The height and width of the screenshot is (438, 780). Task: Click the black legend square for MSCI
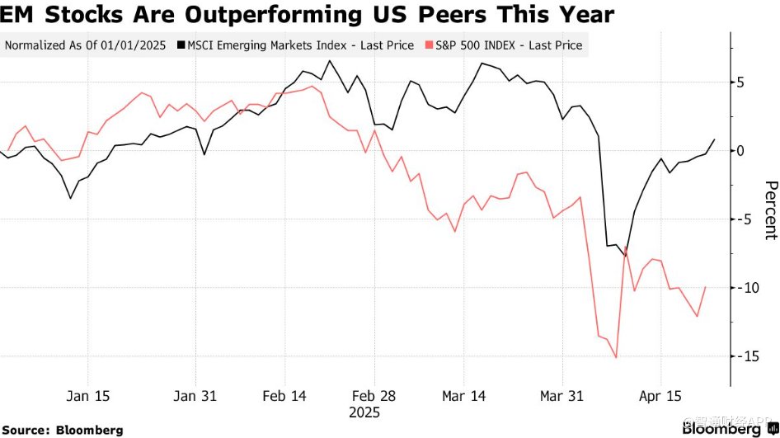(x=180, y=45)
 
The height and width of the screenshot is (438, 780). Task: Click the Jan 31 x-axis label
(x=196, y=397)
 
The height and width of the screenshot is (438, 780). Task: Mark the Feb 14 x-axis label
(x=284, y=397)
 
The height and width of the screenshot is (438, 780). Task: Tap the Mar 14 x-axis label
(x=463, y=397)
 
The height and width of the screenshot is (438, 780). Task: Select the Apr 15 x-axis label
(x=662, y=397)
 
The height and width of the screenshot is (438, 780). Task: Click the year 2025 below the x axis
(x=364, y=412)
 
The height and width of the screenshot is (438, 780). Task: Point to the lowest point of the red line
(x=616, y=358)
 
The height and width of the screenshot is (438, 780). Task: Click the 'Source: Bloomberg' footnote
(x=63, y=430)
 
